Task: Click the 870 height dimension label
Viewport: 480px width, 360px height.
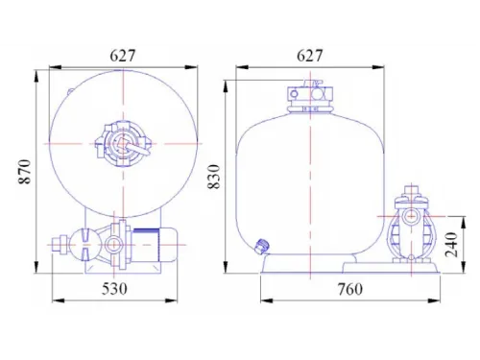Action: [25, 172]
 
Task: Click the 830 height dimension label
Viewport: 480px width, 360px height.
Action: [214, 177]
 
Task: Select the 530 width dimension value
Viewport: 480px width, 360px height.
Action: [114, 289]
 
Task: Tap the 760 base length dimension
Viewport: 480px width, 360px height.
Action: [350, 290]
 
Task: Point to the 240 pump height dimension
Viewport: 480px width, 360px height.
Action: [452, 245]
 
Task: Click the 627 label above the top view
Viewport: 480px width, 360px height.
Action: [123, 56]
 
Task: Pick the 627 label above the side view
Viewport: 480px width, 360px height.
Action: [310, 56]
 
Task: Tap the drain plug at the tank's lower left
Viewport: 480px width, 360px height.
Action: [262, 246]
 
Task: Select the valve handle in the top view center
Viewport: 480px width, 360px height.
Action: [136, 148]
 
